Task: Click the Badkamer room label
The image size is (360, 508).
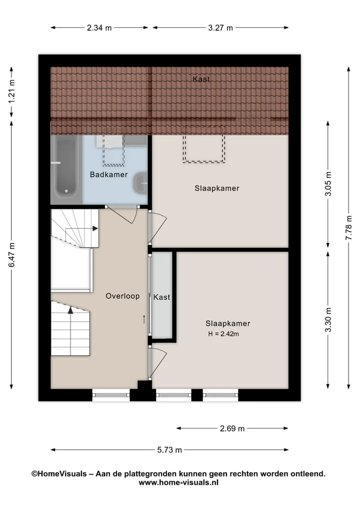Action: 108,175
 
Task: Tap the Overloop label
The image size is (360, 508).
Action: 122,296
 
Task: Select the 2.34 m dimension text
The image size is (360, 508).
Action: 99,28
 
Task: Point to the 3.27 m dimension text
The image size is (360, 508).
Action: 220,28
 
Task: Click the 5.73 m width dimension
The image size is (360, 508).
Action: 169,450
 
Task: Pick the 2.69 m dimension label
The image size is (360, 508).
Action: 232,429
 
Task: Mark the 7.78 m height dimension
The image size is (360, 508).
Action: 349,228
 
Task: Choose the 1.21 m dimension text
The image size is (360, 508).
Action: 11,92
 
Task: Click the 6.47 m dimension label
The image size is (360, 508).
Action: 11,255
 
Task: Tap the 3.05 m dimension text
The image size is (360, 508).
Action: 328,184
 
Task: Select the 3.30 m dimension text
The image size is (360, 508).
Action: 328,320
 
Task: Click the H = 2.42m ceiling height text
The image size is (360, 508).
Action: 223,334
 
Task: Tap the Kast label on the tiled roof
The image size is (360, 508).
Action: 201,79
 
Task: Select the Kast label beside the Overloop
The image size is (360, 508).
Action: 161,297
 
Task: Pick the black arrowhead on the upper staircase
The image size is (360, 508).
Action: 95,228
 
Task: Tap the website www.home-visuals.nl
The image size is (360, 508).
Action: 178,483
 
